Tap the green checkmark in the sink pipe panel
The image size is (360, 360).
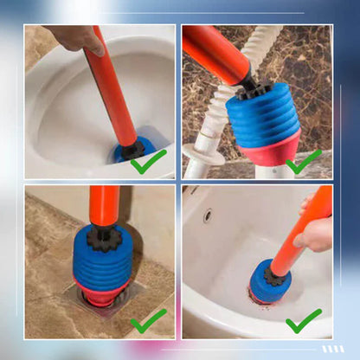click(305, 161)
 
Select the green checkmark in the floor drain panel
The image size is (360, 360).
click(149, 322)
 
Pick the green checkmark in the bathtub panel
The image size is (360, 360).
click(305, 320)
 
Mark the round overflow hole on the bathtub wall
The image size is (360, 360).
click(208, 214)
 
